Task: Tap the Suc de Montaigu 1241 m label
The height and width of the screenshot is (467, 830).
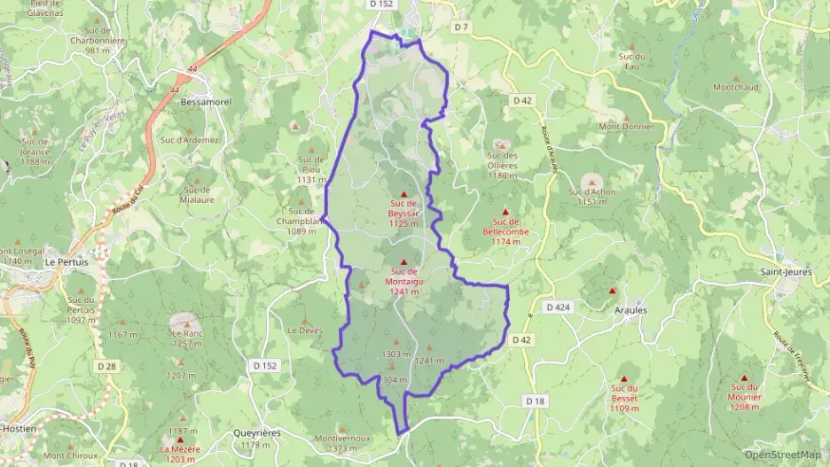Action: [403, 276]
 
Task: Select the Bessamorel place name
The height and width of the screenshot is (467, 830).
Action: [206, 102]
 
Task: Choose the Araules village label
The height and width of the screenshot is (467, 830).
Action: [630, 310]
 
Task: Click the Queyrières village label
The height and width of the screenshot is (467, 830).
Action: [255, 432]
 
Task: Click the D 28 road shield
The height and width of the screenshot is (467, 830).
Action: [106, 365]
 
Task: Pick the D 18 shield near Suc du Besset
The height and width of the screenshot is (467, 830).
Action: [535, 401]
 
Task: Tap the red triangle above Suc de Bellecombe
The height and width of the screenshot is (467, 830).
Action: [506, 212]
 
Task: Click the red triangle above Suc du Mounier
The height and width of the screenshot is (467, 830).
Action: [744, 377]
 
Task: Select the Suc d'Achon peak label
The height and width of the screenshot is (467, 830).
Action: [592, 196]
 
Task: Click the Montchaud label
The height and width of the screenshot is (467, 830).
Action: [736, 87]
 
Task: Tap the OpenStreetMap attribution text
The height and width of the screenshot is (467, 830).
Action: [783, 455]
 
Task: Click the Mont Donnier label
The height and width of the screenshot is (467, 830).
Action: [626, 126]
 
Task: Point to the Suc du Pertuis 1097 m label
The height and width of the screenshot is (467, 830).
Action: [81, 309]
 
